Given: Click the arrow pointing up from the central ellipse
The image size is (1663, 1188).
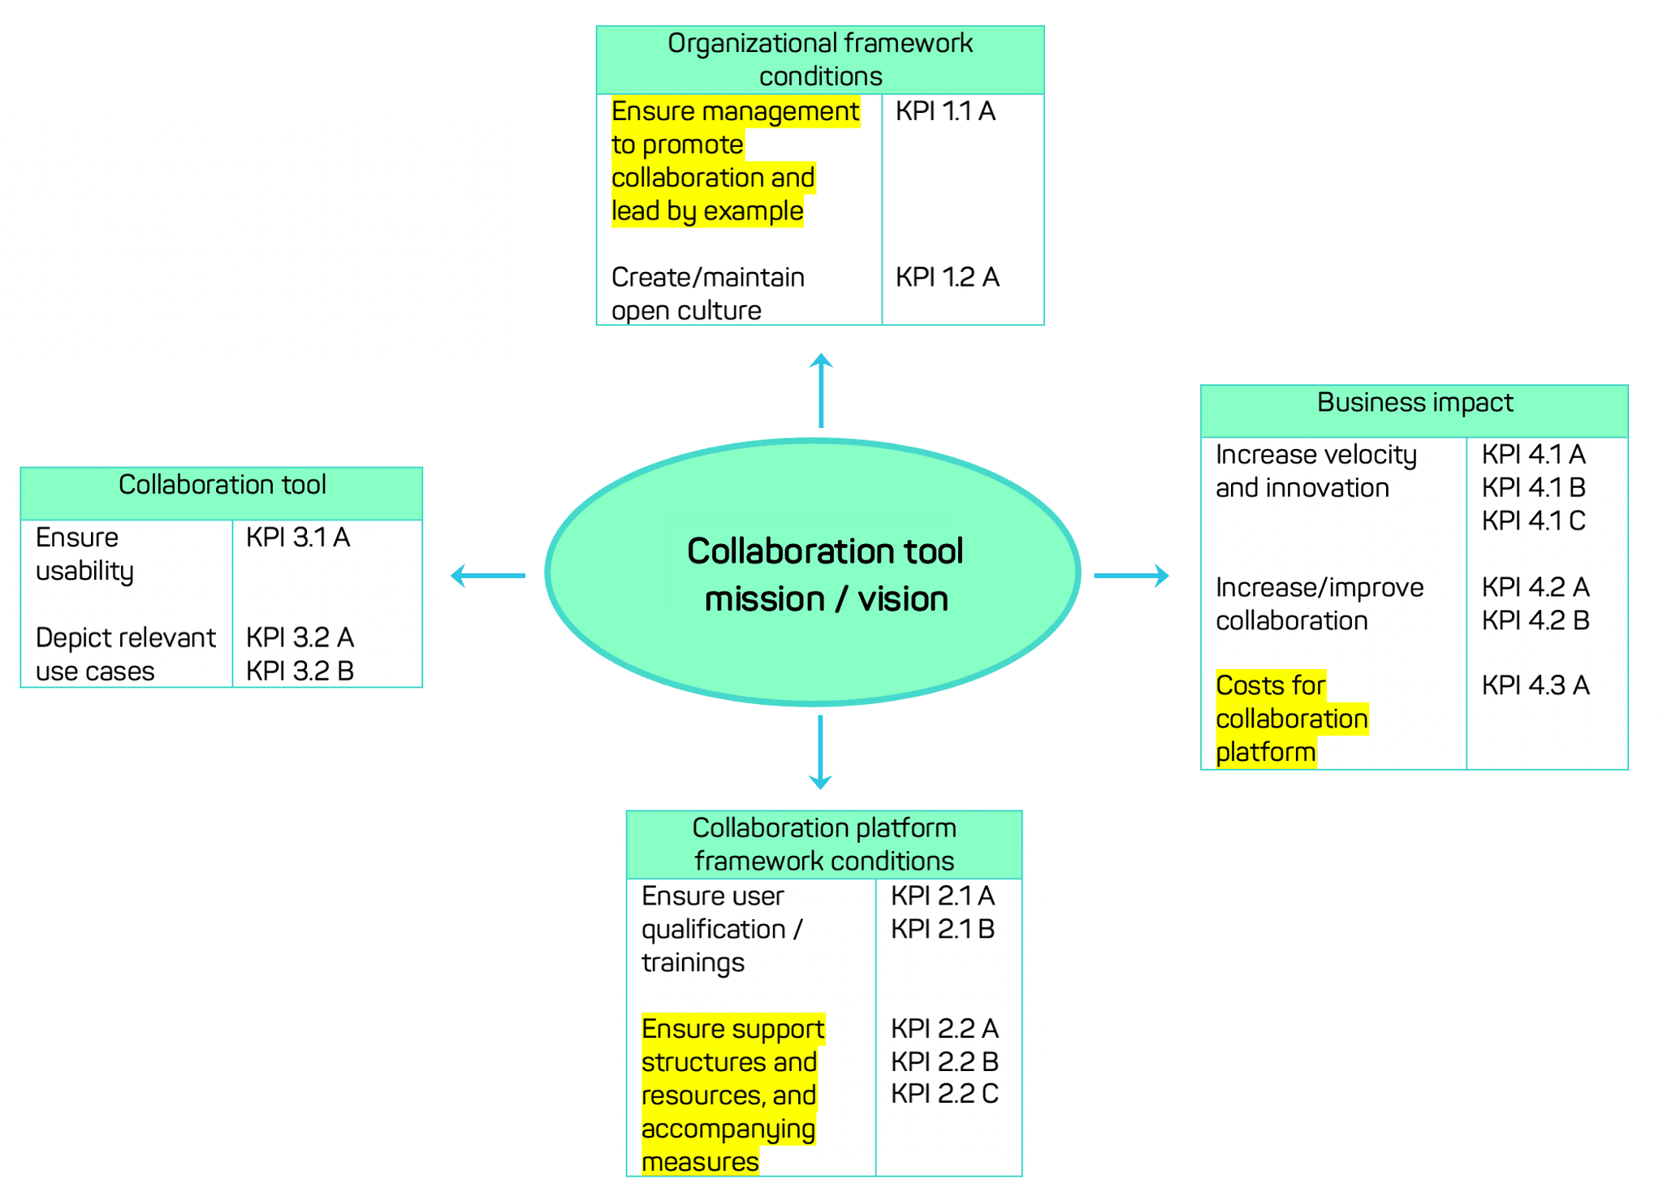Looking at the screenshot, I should [820, 391].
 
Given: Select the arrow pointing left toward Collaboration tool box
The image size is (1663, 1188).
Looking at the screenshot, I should [488, 575].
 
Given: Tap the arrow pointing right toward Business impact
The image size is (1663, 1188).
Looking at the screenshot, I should [1131, 575].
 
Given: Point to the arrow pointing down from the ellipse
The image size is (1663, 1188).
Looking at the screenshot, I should [820, 752].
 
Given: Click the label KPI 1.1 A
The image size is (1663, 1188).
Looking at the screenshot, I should [945, 111].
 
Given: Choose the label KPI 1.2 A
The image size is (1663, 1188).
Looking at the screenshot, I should [947, 278].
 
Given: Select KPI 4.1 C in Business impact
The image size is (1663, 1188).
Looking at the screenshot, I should [1533, 521].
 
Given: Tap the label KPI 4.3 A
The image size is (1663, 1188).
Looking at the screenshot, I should [1535, 685].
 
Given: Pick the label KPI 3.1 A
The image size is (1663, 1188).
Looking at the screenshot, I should [298, 538].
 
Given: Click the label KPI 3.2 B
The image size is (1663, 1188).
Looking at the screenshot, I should [300, 671].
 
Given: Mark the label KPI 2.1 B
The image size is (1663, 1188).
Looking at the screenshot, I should [943, 929].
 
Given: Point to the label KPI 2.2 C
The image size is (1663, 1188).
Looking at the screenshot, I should [944, 1094].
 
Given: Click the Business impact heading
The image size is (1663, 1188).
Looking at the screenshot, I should [1415, 403].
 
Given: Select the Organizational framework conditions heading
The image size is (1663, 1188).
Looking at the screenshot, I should [820, 59].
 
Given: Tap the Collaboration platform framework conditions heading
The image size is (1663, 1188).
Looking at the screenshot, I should [824, 845].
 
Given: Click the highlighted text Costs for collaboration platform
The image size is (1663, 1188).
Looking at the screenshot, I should [1291, 719].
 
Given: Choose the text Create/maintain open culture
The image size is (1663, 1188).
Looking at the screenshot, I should [707, 294].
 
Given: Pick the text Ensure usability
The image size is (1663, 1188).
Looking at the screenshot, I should [84, 554].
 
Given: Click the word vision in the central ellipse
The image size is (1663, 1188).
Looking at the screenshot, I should [903, 599].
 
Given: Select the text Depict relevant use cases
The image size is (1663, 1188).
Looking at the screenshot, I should [125, 654].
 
